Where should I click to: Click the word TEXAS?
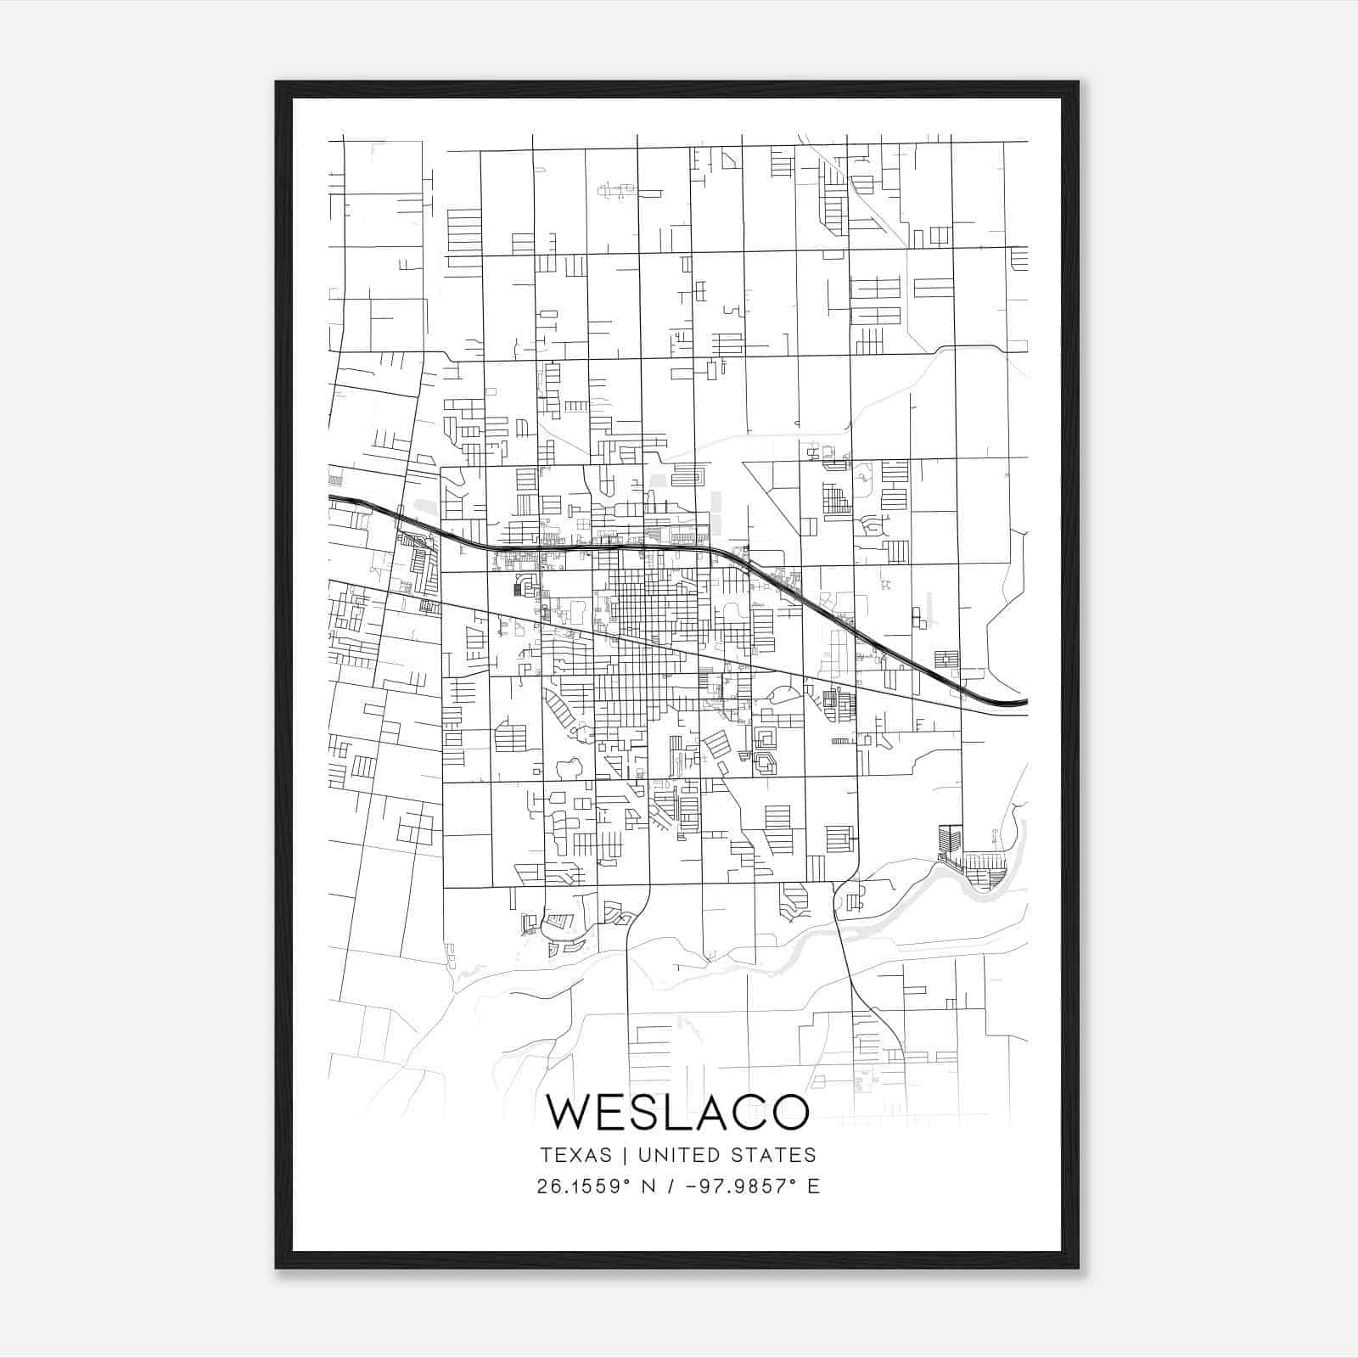tap(575, 1155)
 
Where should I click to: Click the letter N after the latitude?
tap(649, 1186)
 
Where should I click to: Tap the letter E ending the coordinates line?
tap(814, 1186)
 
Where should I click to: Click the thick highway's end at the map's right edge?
tap(1026, 703)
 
